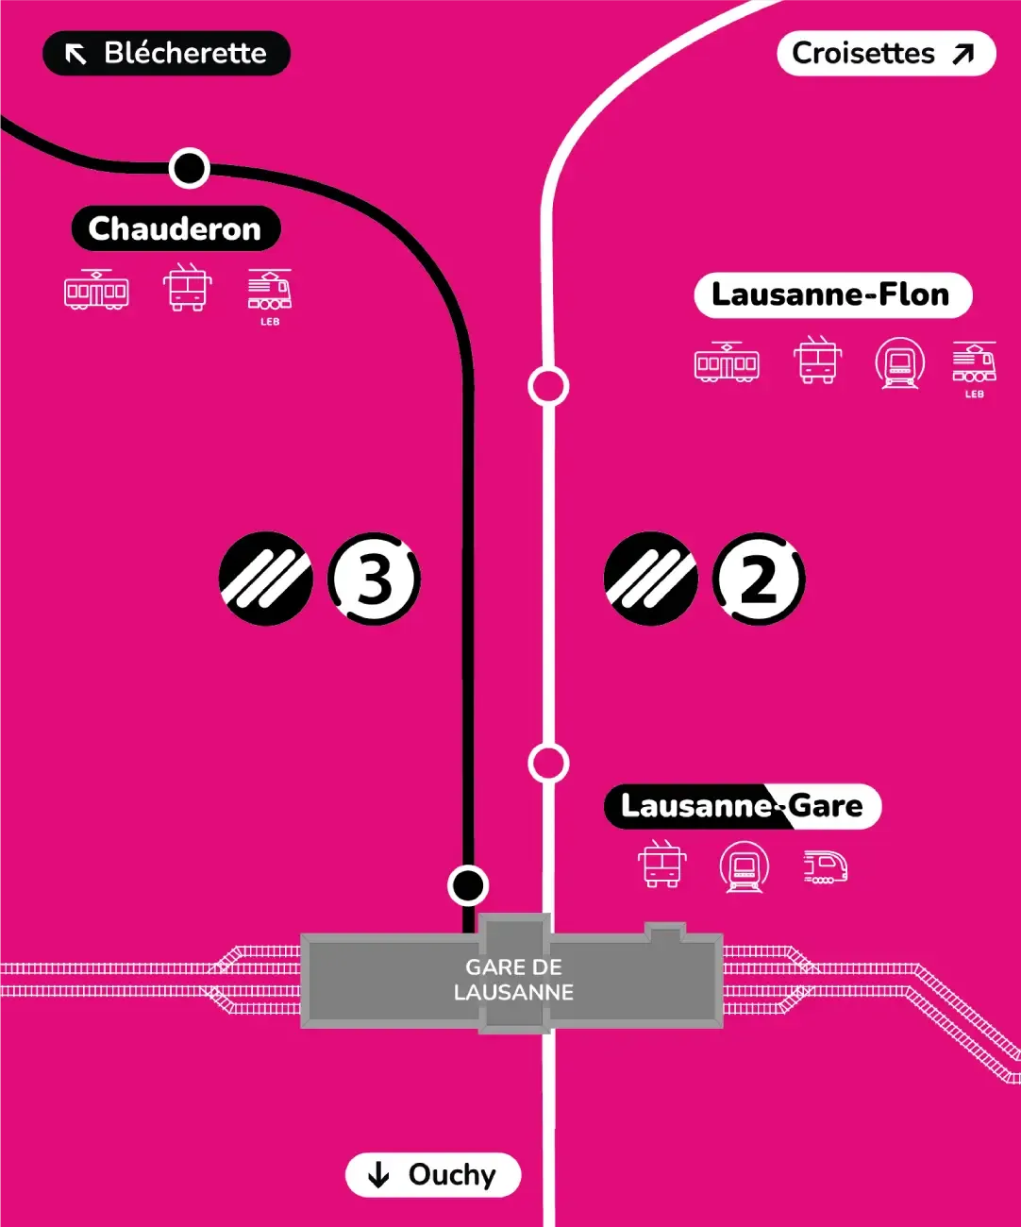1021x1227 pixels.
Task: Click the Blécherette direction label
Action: click(166, 54)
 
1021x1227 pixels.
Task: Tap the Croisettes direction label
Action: click(885, 54)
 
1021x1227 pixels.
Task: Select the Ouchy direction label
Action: click(433, 1175)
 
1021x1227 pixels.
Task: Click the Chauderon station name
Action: click(176, 229)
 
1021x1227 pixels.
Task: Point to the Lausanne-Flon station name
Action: click(832, 295)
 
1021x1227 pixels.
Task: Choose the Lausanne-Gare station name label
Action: click(742, 807)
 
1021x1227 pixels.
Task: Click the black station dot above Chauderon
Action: click(189, 168)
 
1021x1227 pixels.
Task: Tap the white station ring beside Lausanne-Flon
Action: click(548, 386)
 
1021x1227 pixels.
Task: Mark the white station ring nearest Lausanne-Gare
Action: click(548, 764)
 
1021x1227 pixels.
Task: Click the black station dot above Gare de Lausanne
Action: click(468, 885)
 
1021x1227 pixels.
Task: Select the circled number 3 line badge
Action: click(375, 579)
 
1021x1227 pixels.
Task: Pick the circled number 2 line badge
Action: click(759, 579)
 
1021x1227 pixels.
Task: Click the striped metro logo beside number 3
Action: click(266, 579)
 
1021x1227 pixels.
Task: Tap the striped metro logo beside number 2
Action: click(650, 579)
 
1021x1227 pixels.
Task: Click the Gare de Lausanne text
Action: click(513, 980)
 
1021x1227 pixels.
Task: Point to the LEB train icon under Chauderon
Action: click(270, 292)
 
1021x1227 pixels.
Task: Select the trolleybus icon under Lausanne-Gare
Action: click(661, 865)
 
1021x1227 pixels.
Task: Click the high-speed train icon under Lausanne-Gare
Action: click(825, 866)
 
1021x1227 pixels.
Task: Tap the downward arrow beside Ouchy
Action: click(378, 1175)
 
